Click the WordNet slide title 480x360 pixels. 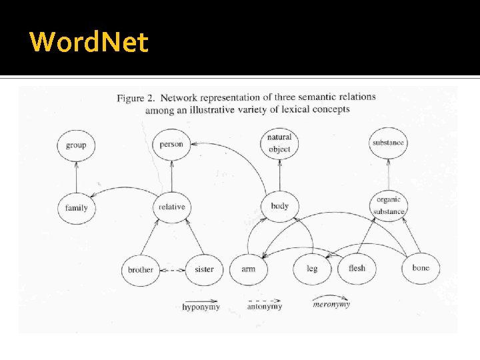coord(89,42)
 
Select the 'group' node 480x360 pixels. coord(76,145)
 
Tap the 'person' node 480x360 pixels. coord(171,144)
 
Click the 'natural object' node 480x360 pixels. coord(279,143)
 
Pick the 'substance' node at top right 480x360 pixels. coord(388,143)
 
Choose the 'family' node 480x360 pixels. coord(76,207)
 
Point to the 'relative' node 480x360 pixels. coord(171,207)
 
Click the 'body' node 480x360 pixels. coord(279,206)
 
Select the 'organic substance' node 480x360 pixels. coord(389,205)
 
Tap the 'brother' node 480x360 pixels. coord(140,270)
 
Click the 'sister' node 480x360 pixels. coord(204,269)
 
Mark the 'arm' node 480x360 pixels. coord(248,269)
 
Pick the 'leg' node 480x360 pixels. coord(311,269)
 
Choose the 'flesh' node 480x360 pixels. coord(357,269)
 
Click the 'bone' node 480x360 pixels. coord(421,268)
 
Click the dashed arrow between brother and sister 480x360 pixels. coord(172,270)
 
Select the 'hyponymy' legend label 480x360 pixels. coord(201,307)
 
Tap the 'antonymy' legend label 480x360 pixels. coord(264,307)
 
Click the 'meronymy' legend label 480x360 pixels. coord(331,305)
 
